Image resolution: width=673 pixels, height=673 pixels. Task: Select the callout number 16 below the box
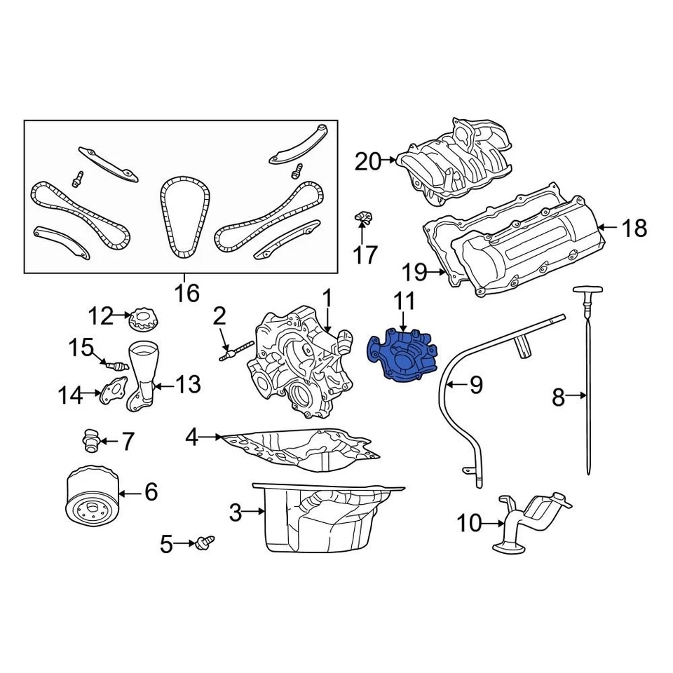coord(187,292)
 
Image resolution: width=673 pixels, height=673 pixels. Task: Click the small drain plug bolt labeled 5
coord(205,541)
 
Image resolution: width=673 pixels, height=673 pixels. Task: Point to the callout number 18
coord(634,228)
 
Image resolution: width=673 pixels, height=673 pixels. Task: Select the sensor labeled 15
coord(115,365)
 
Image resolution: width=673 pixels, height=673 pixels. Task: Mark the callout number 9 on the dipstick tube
coord(476,384)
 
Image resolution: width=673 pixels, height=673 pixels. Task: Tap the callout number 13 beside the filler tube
coord(187,384)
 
